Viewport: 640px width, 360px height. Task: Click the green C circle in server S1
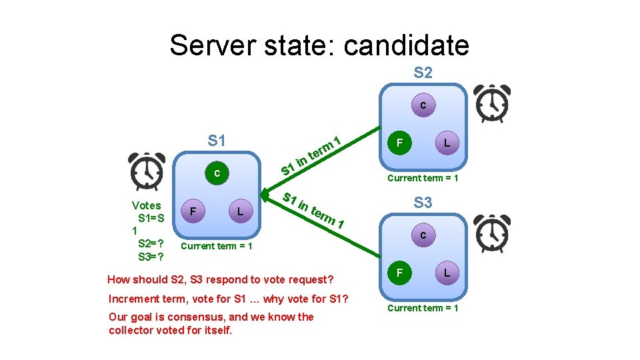[216, 173]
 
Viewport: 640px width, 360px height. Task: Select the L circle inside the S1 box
[239, 211]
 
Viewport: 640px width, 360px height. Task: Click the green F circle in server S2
[399, 142]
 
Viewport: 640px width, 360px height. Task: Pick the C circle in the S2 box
[423, 105]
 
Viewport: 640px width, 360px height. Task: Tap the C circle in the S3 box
[423, 235]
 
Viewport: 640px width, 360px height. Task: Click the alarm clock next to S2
[493, 102]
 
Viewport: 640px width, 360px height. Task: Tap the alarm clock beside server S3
[493, 233]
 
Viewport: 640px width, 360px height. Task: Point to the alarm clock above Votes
[147, 171]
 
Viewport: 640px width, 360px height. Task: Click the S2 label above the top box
[423, 72]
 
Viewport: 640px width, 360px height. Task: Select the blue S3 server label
[423, 202]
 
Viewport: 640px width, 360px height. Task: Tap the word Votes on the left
[146, 205]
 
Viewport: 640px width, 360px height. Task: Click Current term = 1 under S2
[423, 178]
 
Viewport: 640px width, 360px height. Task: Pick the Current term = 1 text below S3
[423, 308]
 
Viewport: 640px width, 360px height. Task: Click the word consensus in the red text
[201, 317]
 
